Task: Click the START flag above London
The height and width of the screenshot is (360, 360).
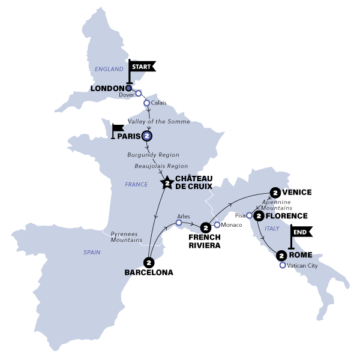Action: pyautogui.click(x=142, y=67)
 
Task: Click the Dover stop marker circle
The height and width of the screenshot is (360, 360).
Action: pyautogui.click(x=139, y=94)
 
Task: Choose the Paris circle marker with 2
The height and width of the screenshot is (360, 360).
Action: pyautogui.click(x=147, y=136)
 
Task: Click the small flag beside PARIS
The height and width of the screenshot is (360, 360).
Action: pyautogui.click(x=117, y=128)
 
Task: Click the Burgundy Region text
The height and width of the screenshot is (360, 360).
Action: pyautogui.click(x=154, y=155)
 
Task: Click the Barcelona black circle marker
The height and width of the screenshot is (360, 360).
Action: pyautogui.click(x=148, y=262)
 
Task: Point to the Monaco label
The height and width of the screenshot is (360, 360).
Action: pyautogui.click(x=230, y=225)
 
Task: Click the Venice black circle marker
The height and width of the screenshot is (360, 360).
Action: pyautogui.click(x=275, y=193)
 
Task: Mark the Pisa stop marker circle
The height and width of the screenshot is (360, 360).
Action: pyautogui.click(x=248, y=215)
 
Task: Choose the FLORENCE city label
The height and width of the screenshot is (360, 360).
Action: pyautogui.click(x=287, y=216)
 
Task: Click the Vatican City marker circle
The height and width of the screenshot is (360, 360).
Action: pyautogui.click(x=282, y=265)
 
